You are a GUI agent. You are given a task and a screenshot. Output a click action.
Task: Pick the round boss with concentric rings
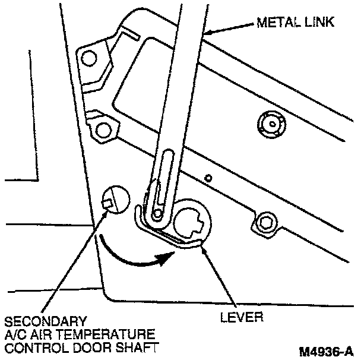271,124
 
